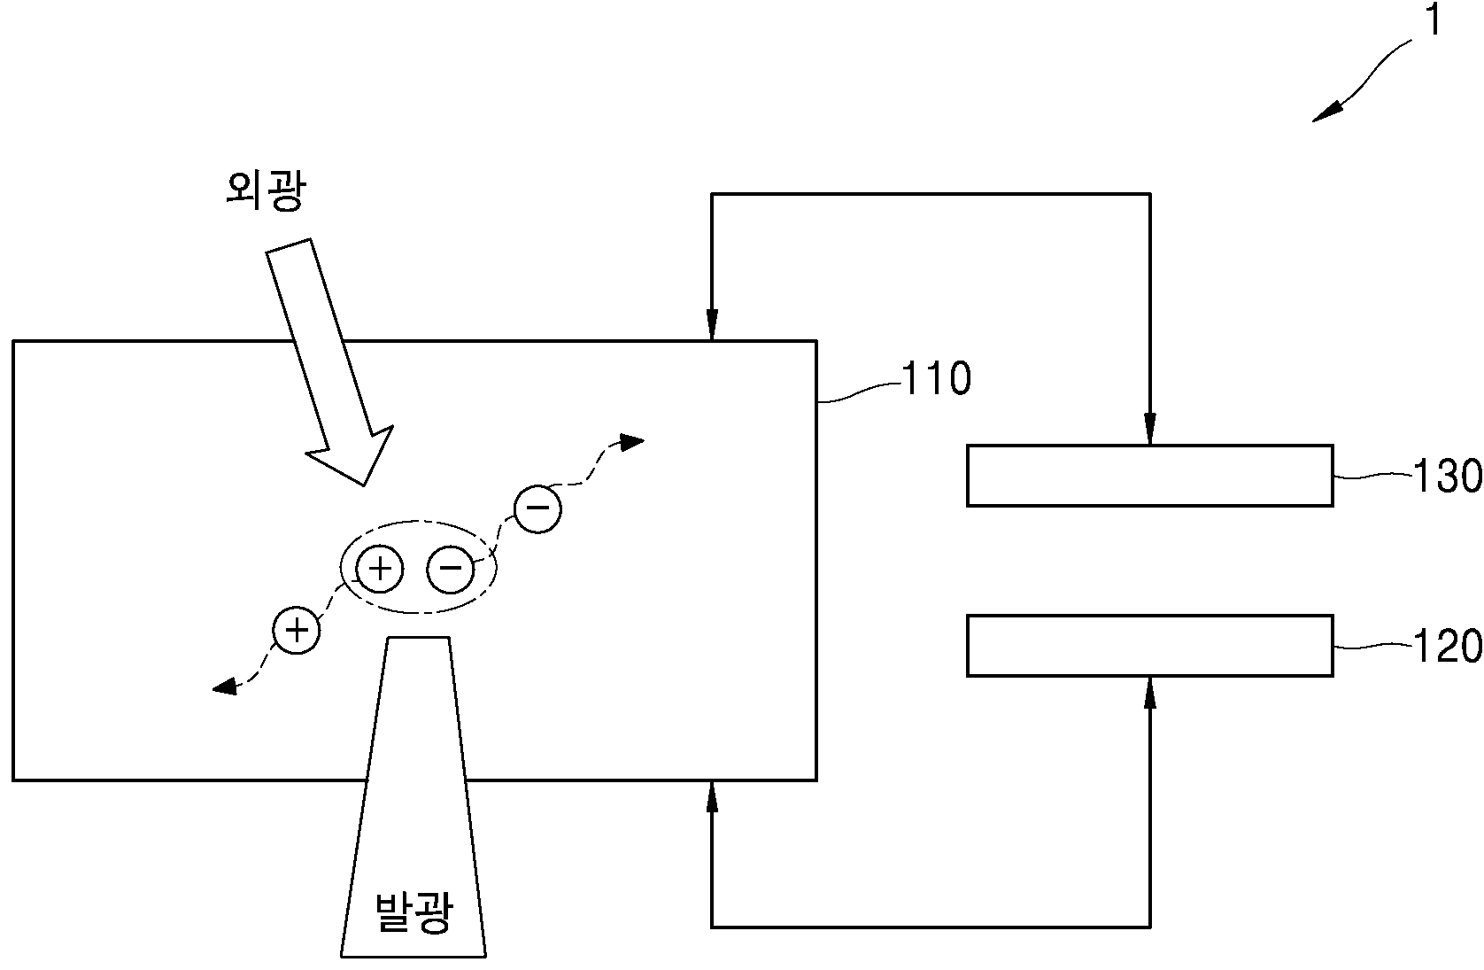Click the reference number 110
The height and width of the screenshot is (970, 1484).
pos(937,378)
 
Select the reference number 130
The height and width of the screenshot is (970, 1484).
pos(1448,476)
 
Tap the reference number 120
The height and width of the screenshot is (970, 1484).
pos(1448,646)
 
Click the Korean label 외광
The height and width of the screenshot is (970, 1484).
pos(266,191)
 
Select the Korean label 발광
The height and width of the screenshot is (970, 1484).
pos(414,912)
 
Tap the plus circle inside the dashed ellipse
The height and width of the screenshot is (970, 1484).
pos(380,569)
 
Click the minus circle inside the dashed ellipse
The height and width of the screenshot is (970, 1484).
pos(451,569)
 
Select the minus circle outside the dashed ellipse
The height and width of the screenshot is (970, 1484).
pos(538,509)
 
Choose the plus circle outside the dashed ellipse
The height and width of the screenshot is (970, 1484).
pos(296,630)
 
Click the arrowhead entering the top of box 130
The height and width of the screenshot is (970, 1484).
pos(1150,429)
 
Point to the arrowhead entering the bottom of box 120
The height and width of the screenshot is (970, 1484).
pos(1150,693)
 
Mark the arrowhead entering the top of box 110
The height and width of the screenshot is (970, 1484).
pos(712,325)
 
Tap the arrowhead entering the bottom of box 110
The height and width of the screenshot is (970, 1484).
pos(712,796)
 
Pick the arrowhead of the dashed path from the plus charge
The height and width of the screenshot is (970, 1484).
pos(225,687)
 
